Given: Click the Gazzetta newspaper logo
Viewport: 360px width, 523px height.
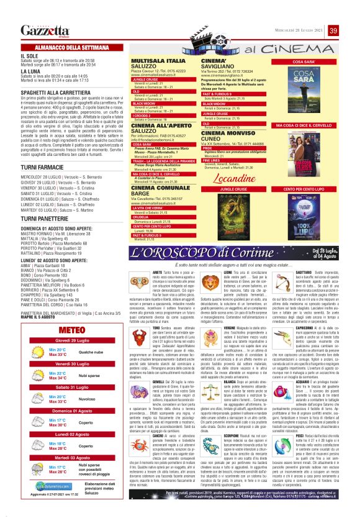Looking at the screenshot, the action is point(42,30).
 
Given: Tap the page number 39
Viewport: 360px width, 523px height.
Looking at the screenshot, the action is point(351,30).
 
